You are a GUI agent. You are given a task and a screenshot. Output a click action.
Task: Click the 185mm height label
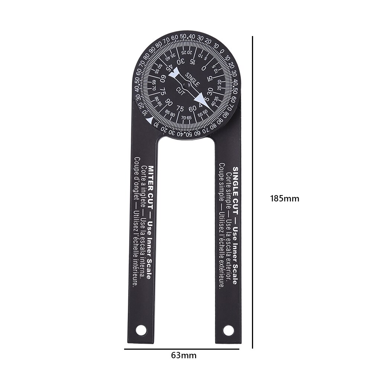284,198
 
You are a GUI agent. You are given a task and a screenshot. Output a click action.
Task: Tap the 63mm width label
184,355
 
